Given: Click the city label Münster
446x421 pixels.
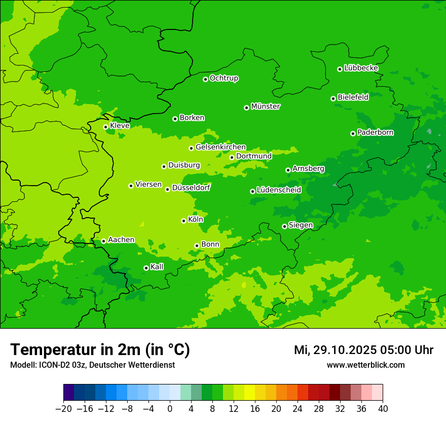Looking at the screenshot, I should click(x=266, y=107).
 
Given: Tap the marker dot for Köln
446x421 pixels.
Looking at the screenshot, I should click(x=183, y=221).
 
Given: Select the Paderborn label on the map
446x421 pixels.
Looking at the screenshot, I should click(x=376, y=132).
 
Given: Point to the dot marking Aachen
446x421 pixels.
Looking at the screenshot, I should click(x=103, y=241).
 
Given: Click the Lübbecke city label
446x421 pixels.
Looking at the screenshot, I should click(x=361, y=68).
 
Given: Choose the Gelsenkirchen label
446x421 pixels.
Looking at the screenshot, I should click(x=220, y=147).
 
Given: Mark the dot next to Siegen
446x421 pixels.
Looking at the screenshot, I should click(x=284, y=226).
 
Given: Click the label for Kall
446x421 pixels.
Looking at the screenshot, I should click(x=157, y=267).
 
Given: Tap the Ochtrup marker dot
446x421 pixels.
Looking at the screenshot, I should click(x=205, y=79).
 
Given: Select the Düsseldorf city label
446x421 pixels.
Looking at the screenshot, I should click(x=191, y=188).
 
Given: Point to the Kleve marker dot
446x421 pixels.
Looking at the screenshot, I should click(x=105, y=127).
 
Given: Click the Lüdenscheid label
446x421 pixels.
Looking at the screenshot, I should click(x=279, y=190).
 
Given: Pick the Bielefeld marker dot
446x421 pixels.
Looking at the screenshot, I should click(x=333, y=98).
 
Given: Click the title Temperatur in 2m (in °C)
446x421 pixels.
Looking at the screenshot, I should click(x=100, y=350).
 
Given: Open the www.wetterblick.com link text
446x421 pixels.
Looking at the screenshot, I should click(x=365, y=365).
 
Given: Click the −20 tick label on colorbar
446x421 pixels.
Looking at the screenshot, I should click(x=63, y=409).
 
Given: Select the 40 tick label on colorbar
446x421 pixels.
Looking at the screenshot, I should click(x=383, y=409).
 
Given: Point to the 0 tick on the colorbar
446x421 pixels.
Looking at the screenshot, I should click(x=170, y=409).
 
